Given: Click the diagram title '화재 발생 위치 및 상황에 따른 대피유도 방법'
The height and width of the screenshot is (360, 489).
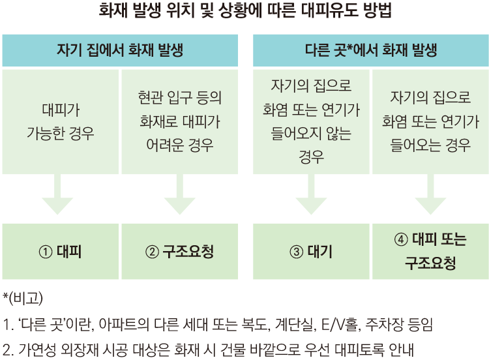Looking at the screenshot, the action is [244, 10].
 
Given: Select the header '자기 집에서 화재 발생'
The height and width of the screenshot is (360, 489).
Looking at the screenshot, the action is [120, 50].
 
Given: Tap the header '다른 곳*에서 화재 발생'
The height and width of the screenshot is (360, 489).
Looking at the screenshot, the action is [371, 50].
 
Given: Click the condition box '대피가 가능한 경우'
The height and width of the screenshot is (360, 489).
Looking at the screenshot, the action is [61, 122].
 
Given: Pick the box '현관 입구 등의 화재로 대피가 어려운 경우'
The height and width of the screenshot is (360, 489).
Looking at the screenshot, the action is [180, 122].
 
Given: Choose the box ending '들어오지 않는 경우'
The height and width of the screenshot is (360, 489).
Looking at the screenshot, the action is [311, 122].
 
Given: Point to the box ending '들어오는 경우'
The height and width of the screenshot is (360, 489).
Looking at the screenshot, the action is [431, 122].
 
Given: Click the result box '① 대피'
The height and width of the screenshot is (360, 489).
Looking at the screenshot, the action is [61, 252].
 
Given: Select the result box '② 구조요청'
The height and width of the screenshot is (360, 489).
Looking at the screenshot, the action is [180, 252].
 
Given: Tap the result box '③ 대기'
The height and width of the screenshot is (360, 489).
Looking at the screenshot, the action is [311, 252].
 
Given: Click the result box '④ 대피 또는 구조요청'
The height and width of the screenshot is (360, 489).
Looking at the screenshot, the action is [431, 252].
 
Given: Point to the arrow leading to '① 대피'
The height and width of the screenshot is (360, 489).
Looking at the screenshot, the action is [57, 194].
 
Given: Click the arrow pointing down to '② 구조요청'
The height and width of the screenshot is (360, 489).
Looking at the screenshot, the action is [180, 194].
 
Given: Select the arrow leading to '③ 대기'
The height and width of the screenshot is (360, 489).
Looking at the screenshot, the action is [311, 194].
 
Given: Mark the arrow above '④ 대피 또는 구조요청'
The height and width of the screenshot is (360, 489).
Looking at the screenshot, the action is [431, 194].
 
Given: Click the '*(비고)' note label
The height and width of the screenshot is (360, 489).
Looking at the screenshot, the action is [23, 298].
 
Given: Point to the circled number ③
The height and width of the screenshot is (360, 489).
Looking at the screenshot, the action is [296, 252].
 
